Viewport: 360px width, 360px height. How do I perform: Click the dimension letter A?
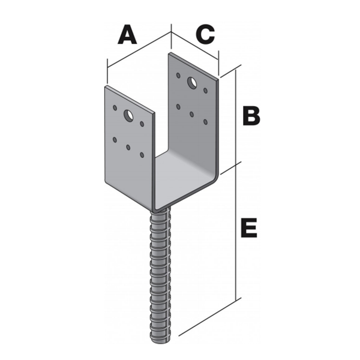click(127, 35)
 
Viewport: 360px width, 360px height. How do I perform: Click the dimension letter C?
click(205, 34)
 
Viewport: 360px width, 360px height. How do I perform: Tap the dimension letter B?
click(251, 116)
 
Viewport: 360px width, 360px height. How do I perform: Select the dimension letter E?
click(249, 228)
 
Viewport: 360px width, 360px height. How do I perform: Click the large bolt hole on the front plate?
click(128, 116)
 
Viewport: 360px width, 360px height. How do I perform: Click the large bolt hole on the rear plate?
click(192, 82)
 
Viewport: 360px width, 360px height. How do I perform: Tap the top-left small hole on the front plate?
click(115, 107)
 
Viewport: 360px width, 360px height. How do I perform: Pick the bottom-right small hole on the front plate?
click(142, 155)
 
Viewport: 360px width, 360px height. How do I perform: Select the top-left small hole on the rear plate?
click(178, 75)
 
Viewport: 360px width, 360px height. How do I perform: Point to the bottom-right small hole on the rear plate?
click(205, 122)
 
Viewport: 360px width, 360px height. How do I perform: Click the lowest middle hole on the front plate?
click(128, 147)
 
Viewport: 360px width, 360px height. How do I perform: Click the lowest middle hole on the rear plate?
click(192, 114)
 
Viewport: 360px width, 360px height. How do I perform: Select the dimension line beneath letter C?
click(194, 46)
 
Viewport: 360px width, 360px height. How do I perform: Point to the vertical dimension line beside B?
click(236, 117)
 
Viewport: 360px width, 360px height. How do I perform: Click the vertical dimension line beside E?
click(236, 232)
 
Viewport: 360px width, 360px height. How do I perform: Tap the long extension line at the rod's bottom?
click(210, 317)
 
